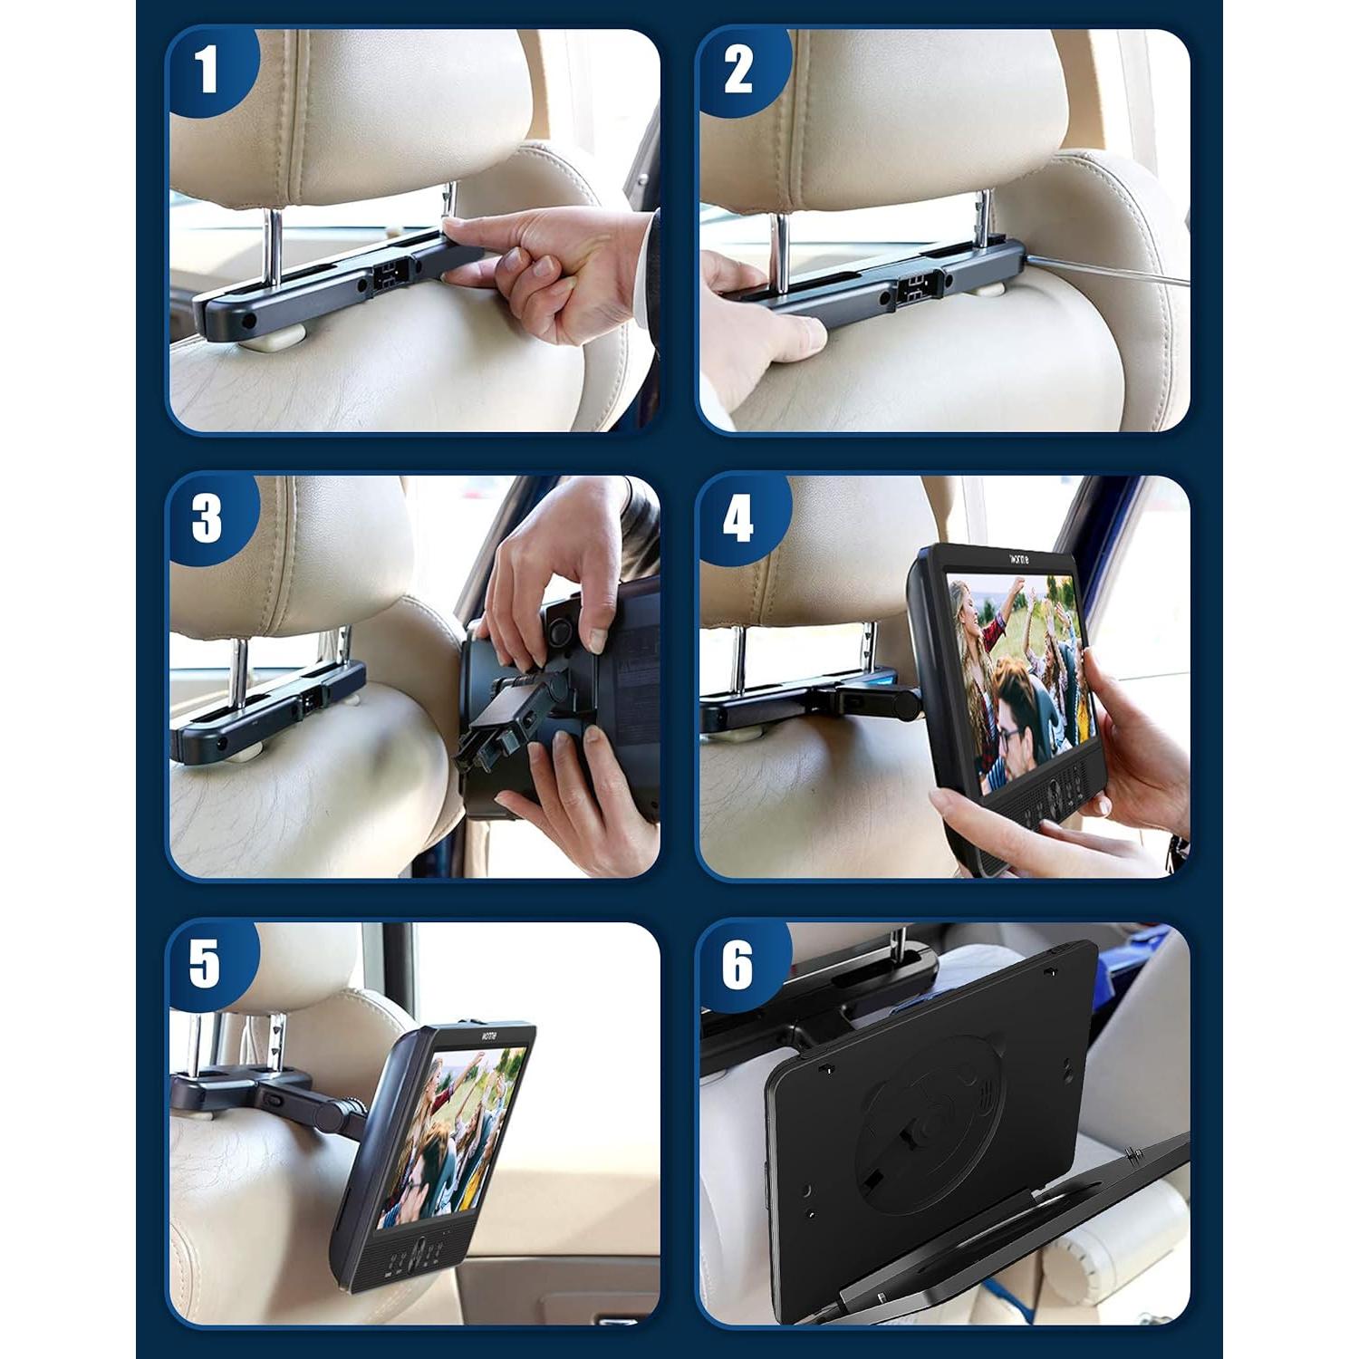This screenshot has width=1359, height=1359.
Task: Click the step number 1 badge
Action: (207, 70)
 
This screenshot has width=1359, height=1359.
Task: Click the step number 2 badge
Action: (738, 70)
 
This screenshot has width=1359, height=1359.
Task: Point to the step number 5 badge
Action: (206, 963)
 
